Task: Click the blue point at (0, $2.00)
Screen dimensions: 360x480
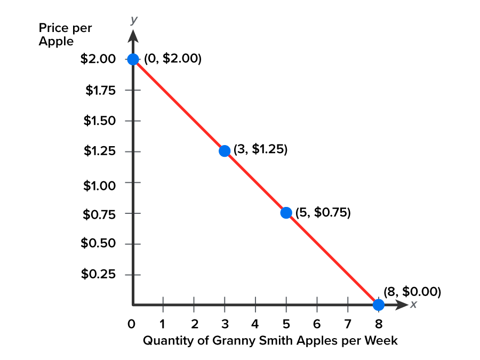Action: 133,59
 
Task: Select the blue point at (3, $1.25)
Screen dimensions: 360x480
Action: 225,151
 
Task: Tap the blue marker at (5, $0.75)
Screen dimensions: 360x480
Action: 286,213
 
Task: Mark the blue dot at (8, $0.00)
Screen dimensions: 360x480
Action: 378,305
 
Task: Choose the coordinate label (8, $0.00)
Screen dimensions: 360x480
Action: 412,292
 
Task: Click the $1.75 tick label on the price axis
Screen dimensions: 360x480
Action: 100,90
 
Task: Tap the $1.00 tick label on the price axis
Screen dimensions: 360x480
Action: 100,185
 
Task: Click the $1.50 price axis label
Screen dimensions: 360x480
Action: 99,121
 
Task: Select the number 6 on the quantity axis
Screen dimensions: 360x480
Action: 317,324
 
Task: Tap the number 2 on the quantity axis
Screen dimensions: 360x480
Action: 194,324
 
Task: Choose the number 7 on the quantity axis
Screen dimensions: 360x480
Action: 348,324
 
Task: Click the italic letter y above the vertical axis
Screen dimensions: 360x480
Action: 134,20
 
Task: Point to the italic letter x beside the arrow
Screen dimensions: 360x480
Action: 413,305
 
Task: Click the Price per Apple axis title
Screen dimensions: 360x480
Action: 65,35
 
